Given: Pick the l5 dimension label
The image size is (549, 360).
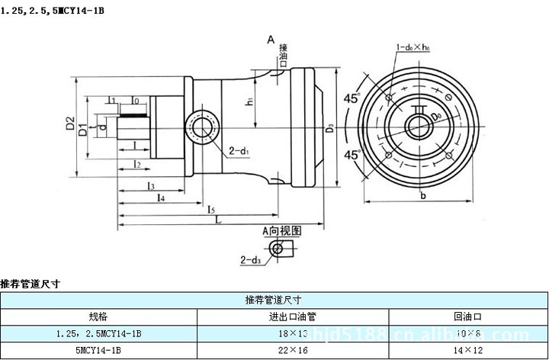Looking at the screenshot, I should pyautogui.click(x=211, y=207).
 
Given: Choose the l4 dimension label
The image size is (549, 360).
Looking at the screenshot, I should pyautogui.click(x=161, y=197).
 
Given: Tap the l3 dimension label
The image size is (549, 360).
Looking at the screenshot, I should pyautogui.click(x=151, y=185).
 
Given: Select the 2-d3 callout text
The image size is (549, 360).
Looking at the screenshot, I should pyautogui.click(x=250, y=260).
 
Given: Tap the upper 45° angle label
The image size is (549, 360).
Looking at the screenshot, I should pyautogui.click(x=352, y=98).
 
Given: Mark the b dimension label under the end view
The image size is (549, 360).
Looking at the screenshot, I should pyautogui.click(x=422, y=195).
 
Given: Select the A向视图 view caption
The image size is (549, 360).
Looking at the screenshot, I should pyautogui.click(x=282, y=230).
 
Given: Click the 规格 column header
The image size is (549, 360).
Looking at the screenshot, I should pyautogui.click(x=98, y=317).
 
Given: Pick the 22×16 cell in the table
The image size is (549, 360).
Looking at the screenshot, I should pyautogui.click(x=293, y=351).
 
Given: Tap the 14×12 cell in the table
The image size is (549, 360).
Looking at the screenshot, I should pyautogui.click(x=468, y=351).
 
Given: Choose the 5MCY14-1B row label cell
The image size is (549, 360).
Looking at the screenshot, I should pyautogui.click(x=98, y=351).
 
